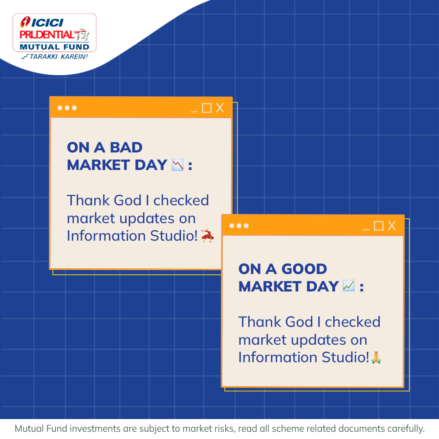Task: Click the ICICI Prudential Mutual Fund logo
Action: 54,33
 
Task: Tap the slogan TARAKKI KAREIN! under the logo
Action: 54,57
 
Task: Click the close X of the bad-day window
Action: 220,108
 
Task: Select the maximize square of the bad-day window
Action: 207,108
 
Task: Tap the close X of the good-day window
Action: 391,226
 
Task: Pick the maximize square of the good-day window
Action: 378,226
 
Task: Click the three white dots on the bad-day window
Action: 67,108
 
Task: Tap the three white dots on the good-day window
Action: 239,226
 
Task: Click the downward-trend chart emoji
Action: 178,165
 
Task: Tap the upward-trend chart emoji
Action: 349,286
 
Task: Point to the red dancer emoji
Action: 207,236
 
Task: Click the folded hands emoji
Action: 376,358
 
